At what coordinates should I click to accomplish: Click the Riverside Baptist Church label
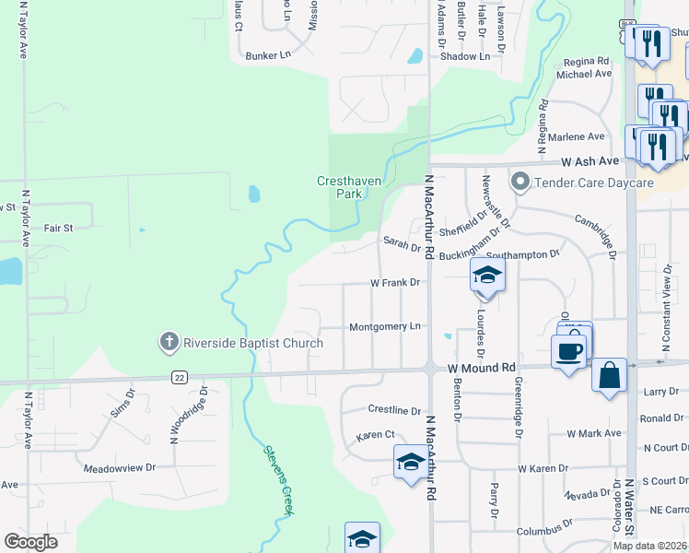click(x=252, y=344)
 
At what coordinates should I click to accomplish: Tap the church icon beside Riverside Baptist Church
click(x=169, y=343)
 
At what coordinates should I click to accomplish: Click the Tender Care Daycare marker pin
click(x=520, y=182)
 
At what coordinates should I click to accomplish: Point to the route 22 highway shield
click(x=179, y=377)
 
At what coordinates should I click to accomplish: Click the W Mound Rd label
click(x=481, y=368)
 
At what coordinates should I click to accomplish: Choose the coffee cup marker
click(x=569, y=351)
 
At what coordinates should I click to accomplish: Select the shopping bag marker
click(x=609, y=375)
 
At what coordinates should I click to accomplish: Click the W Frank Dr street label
click(x=395, y=283)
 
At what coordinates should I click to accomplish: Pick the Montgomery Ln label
click(x=385, y=327)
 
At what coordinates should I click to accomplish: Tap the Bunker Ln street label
click(x=268, y=56)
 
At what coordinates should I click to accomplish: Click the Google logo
click(x=30, y=542)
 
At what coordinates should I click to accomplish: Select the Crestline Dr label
click(x=394, y=410)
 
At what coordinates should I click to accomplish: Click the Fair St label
click(x=57, y=227)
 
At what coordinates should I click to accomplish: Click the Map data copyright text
click(x=649, y=546)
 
